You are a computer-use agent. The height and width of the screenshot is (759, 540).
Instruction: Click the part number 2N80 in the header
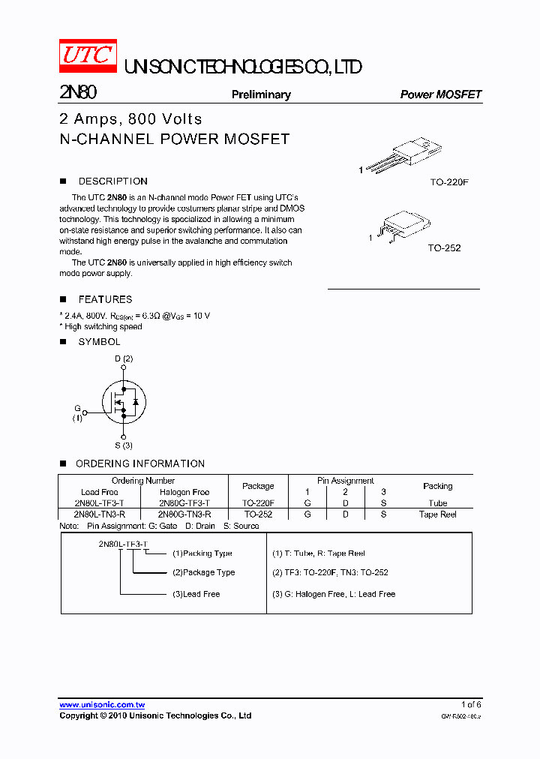[77, 93]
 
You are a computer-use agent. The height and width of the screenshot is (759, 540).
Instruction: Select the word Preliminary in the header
[261, 94]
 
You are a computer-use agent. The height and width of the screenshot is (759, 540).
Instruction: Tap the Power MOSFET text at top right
[440, 94]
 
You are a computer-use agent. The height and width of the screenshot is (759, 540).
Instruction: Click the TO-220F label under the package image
[449, 182]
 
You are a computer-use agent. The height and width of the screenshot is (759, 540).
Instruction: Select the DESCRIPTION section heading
[112, 181]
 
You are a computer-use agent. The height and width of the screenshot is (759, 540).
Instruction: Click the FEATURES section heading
[105, 299]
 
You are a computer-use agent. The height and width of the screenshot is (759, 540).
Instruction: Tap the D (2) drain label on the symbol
[124, 358]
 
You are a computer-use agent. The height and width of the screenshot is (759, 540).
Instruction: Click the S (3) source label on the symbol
[124, 445]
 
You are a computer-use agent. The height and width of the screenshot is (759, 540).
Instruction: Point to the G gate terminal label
[76, 409]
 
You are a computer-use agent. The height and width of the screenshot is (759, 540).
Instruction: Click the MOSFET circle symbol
[124, 402]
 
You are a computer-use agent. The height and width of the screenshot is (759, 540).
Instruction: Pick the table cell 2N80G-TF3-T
[184, 503]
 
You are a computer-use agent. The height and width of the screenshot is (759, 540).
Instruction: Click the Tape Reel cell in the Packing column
[437, 514]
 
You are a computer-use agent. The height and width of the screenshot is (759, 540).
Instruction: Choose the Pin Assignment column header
[345, 481]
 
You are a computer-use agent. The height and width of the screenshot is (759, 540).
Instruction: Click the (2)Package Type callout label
[203, 572]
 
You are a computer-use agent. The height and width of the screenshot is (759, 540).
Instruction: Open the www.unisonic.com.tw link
[102, 704]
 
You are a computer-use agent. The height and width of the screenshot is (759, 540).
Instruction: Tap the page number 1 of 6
[471, 704]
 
